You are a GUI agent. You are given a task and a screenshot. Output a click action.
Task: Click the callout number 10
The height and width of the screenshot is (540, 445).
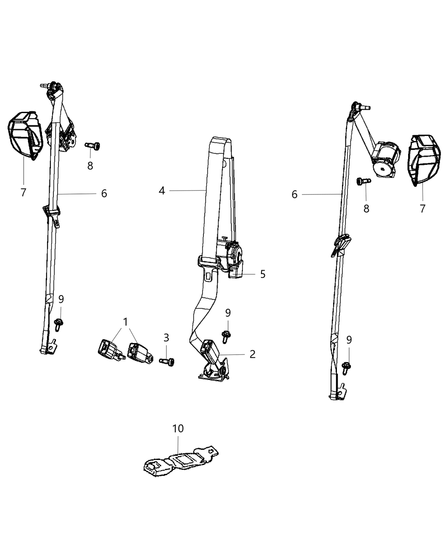point(178,429)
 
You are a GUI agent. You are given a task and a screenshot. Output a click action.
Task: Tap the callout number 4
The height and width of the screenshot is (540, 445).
point(162,191)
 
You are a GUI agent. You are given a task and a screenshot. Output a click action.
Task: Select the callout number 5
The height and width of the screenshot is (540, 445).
point(263,274)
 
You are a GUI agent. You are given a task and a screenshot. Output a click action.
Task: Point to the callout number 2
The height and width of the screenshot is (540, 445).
point(253,354)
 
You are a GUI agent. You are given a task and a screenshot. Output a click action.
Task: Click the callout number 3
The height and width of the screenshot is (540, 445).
point(166,338)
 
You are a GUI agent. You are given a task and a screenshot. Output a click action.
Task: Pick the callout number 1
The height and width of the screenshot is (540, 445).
point(125,322)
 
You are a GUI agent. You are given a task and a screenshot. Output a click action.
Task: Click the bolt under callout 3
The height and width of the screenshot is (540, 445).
point(167,362)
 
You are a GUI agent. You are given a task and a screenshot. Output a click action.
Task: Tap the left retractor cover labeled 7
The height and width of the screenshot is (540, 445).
point(25,136)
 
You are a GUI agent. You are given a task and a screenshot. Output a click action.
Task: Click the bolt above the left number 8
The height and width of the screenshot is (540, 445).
point(93,146)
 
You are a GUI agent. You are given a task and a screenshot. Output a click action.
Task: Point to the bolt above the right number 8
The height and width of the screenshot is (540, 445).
point(364,181)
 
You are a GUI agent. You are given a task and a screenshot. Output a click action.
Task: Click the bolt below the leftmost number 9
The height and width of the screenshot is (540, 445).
point(58,324)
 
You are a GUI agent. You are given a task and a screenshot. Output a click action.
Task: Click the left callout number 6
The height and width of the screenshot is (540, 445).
point(104,194)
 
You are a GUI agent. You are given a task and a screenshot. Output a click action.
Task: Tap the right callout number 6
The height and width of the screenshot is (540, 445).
point(295,194)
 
